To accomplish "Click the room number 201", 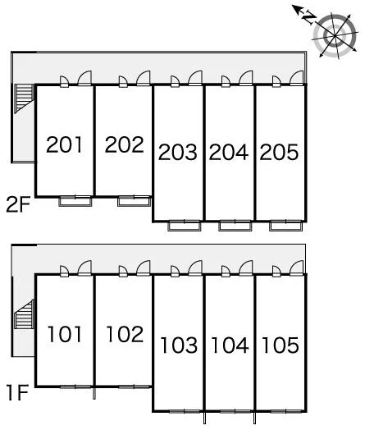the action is tap(64, 144).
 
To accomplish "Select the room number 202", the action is tap(124, 144).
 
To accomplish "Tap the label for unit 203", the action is tap(177, 152).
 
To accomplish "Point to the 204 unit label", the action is tap(229, 152).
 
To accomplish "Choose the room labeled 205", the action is tap(279, 152).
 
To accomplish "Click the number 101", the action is tap(65, 334).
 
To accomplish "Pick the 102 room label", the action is tap(125, 334).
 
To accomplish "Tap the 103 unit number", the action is tap(179, 345).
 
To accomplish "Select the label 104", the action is tap(230, 345).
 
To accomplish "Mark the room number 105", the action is tap(281, 345).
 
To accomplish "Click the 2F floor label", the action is tap(18, 205).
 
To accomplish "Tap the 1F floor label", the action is tap(18, 393).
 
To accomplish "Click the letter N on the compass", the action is tap(309, 17).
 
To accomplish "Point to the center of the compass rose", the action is tap(335, 35).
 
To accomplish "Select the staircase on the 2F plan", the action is tap(24, 98).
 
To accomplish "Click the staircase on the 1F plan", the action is tap(24, 314).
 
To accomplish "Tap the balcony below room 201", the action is tap(75, 201).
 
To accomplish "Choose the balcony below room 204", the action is tap(235, 226).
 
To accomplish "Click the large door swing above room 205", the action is tap(297, 78).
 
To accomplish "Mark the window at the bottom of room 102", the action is tap(135, 387).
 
